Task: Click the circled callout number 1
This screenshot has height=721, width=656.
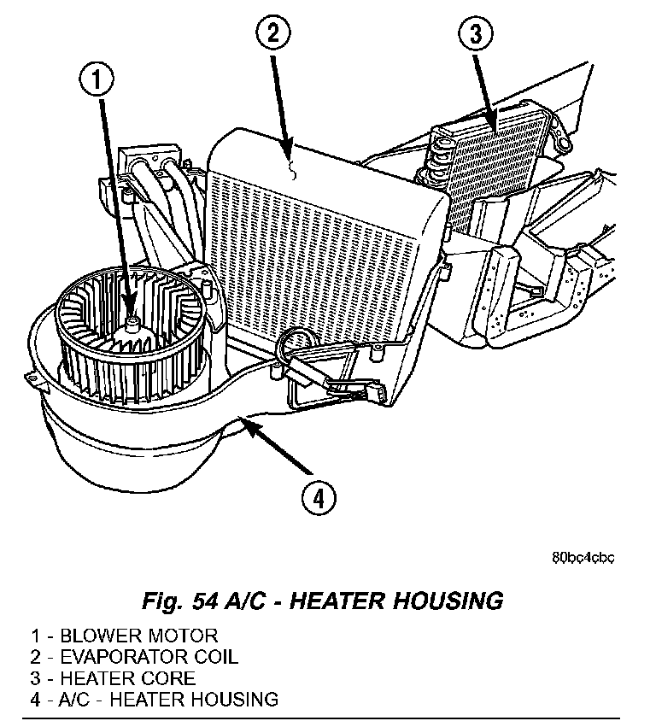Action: (x=97, y=82)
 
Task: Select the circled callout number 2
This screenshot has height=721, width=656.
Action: (x=272, y=35)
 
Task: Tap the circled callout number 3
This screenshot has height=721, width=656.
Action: (x=477, y=37)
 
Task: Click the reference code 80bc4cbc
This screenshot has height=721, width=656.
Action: (x=583, y=559)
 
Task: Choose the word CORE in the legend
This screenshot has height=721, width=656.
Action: (x=171, y=678)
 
